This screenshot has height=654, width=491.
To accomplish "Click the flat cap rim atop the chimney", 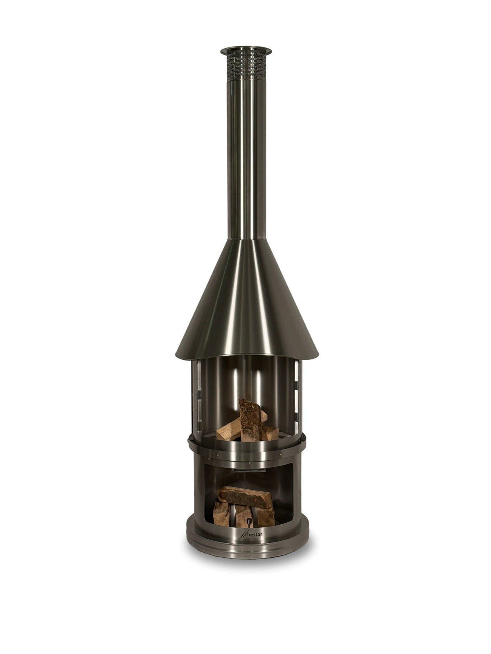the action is pyautogui.click(x=246, y=52).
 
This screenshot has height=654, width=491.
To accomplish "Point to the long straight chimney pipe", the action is pyautogui.click(x=246, y=159).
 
